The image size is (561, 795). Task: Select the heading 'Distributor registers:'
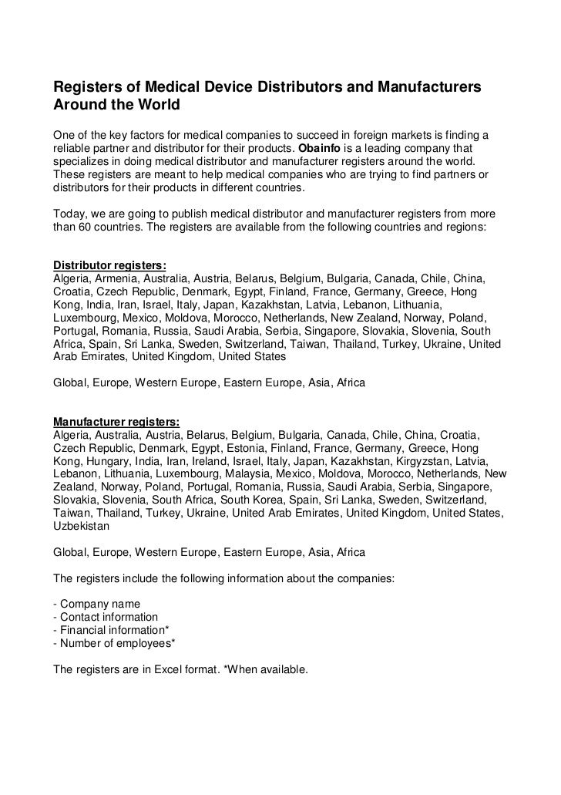coord(109,264)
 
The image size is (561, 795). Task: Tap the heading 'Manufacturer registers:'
coord(116,422)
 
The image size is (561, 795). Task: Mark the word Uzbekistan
coord(81,527)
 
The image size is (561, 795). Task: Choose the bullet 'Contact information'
coord(105,617)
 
